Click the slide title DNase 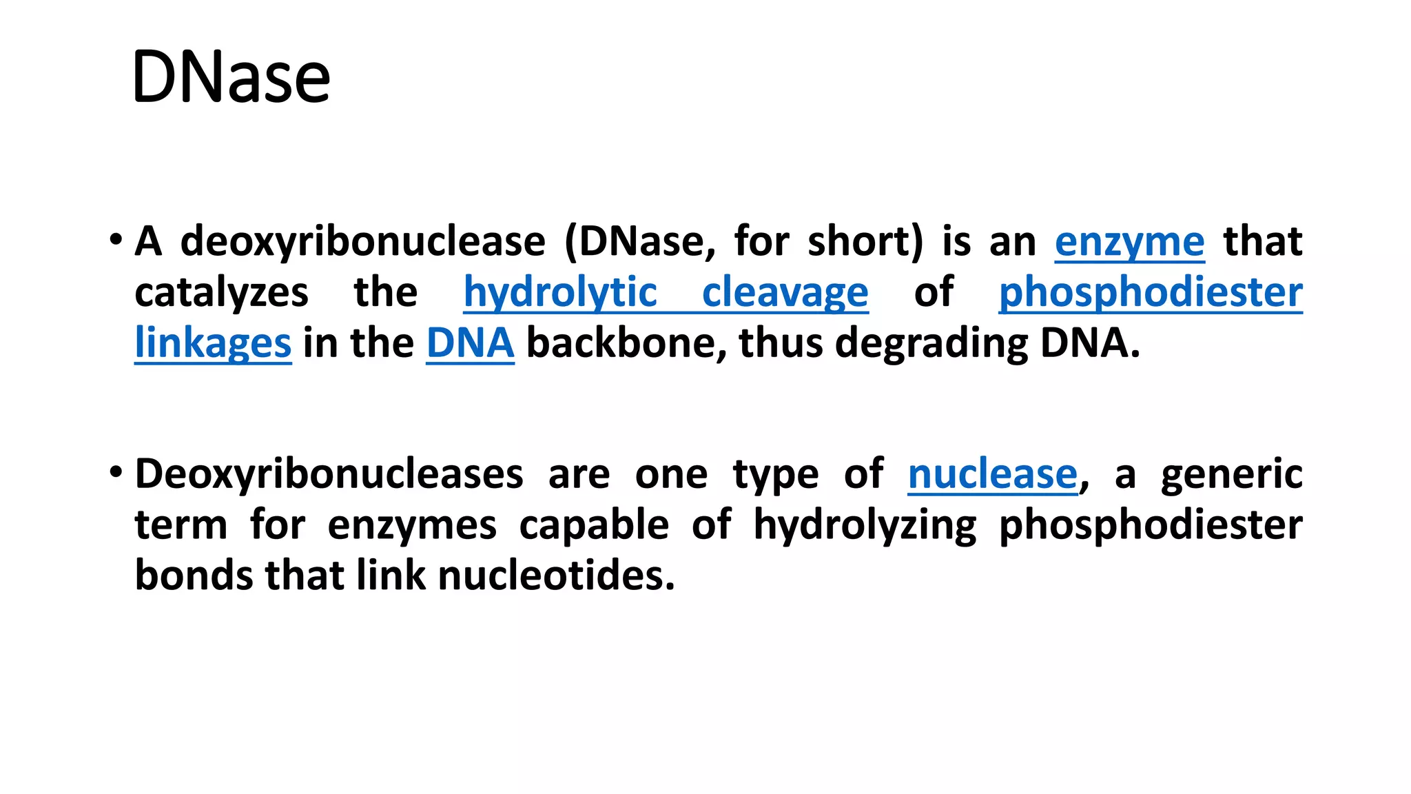click(x=231, y=77)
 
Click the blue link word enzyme click(x=1129, y=242)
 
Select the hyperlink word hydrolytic click(x=560, y=292)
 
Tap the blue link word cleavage click(x=785, y=292)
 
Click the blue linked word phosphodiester click(x=1150, y=292)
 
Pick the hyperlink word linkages click(x=213, y=343)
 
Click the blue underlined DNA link click(x=470, y=343)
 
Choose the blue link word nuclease click(x=992, y=474)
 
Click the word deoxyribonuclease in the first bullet click(x=362, y=242)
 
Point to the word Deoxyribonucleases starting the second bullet click(x=329, y=474)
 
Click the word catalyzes click(x=221, y=292)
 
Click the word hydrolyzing click(x=865, y=525)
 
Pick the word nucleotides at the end click(x=555, y=576)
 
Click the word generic click(x=1231, y=474)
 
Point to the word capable click(x=594, y=525)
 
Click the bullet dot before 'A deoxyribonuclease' click(x=116, y=241)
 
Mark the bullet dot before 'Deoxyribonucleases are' click(x=116, y=473)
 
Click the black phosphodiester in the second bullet click(x=1150, y=525)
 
